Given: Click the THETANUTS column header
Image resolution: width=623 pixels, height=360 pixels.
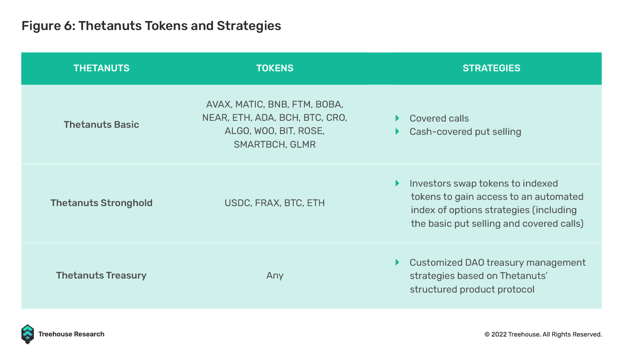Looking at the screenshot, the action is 102,68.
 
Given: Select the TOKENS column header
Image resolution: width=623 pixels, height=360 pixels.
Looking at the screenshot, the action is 275,68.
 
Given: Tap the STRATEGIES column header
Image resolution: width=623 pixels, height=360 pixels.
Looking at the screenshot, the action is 491,68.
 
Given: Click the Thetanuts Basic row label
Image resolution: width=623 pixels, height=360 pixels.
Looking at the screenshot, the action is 101,125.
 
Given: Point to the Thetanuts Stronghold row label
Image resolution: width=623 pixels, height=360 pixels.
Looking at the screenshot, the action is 102,203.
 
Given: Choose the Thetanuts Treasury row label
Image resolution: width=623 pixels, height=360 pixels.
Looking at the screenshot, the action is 101,275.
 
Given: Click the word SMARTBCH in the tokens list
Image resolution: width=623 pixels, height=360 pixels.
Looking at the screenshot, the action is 259,145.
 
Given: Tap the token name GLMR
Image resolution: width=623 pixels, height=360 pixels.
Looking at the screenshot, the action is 303,145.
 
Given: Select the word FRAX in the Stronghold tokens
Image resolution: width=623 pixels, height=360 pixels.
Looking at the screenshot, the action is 267,203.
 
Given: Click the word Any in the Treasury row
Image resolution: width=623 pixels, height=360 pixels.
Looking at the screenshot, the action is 275,276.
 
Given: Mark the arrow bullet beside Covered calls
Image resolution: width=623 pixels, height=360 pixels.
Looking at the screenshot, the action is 398,118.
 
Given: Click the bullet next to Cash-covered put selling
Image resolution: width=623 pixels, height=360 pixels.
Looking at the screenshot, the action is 398,131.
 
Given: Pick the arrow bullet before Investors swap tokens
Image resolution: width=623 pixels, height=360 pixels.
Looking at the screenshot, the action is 398,184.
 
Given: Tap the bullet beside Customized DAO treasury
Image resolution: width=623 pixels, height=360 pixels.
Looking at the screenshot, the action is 398,262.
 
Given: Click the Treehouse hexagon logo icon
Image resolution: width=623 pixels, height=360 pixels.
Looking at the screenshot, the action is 28,334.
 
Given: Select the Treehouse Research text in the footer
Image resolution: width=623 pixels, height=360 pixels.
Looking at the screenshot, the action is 71,334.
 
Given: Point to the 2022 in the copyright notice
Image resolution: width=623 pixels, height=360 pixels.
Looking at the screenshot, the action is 499,334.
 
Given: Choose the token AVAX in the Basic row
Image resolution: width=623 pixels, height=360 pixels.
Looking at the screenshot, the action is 218,104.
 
